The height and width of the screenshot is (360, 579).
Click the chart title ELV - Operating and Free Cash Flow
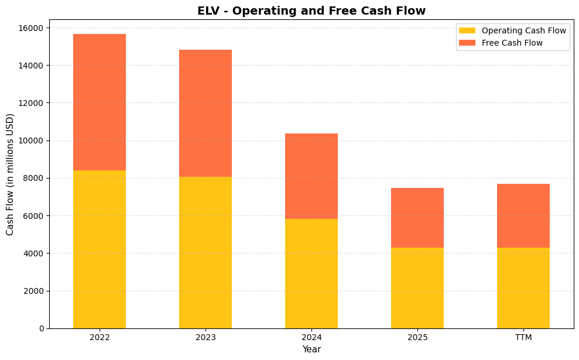click(311, 11)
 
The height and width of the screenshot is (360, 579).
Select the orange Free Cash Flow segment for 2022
click(100, 102)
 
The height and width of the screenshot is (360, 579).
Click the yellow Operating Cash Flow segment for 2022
click(100, 249)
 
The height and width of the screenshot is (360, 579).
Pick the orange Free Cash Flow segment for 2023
click(205, 113)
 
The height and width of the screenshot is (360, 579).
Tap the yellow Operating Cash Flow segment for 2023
click(205, 252)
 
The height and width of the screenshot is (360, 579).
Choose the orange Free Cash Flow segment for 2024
click(311, 176)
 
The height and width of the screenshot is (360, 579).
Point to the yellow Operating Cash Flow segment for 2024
click(311, 273)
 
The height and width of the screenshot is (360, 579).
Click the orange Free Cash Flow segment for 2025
click(417, 218)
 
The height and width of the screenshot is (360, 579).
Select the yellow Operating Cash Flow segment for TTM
click(523, 288)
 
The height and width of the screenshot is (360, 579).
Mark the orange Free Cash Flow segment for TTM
click(523, 215)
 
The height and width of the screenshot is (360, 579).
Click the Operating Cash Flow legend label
click(523, 30)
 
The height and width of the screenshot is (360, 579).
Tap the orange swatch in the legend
click(467, 43)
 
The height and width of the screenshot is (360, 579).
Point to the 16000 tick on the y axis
click(33, 28)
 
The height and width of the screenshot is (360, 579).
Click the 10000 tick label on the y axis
click(33, 140)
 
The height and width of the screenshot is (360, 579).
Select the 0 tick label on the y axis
click(41, 328)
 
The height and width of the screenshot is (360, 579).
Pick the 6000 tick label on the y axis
click(35, 216)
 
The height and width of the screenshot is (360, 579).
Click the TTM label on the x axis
click(523, 338)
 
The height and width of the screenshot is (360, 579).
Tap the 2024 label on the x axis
click(311, 338)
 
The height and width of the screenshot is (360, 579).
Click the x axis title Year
click(311, 349)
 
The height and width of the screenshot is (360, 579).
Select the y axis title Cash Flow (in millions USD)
click(10, 174)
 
